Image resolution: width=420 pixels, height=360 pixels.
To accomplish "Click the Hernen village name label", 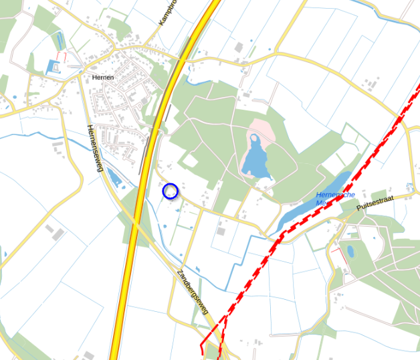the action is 103,78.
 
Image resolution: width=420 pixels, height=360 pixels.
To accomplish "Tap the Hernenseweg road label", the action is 94,148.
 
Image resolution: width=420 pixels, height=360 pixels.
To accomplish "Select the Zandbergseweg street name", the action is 193,291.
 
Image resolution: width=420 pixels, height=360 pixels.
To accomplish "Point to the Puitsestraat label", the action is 376,201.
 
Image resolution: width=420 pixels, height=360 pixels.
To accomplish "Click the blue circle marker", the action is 171,191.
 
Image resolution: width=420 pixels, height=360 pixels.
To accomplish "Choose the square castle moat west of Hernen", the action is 53,66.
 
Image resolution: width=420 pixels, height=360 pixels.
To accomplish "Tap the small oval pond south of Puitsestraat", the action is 350,252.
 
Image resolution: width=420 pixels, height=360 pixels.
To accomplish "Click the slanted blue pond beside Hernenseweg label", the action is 114,177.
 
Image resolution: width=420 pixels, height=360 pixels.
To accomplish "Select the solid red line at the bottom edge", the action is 203,344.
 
